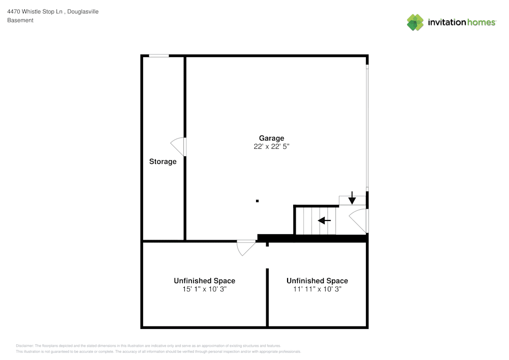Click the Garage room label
271,138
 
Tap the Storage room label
163,161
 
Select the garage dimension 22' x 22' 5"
271,147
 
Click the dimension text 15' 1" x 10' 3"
204,289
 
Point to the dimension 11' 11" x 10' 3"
317,289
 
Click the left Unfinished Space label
204,281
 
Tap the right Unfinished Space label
317,281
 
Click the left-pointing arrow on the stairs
324,220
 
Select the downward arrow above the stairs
352,198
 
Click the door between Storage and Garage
179,146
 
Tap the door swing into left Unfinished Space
246,247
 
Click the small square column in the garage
257,201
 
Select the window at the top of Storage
159,56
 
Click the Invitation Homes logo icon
415,22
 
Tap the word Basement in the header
20,20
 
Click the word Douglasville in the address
83,12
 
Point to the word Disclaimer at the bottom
25,345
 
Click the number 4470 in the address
14,12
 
